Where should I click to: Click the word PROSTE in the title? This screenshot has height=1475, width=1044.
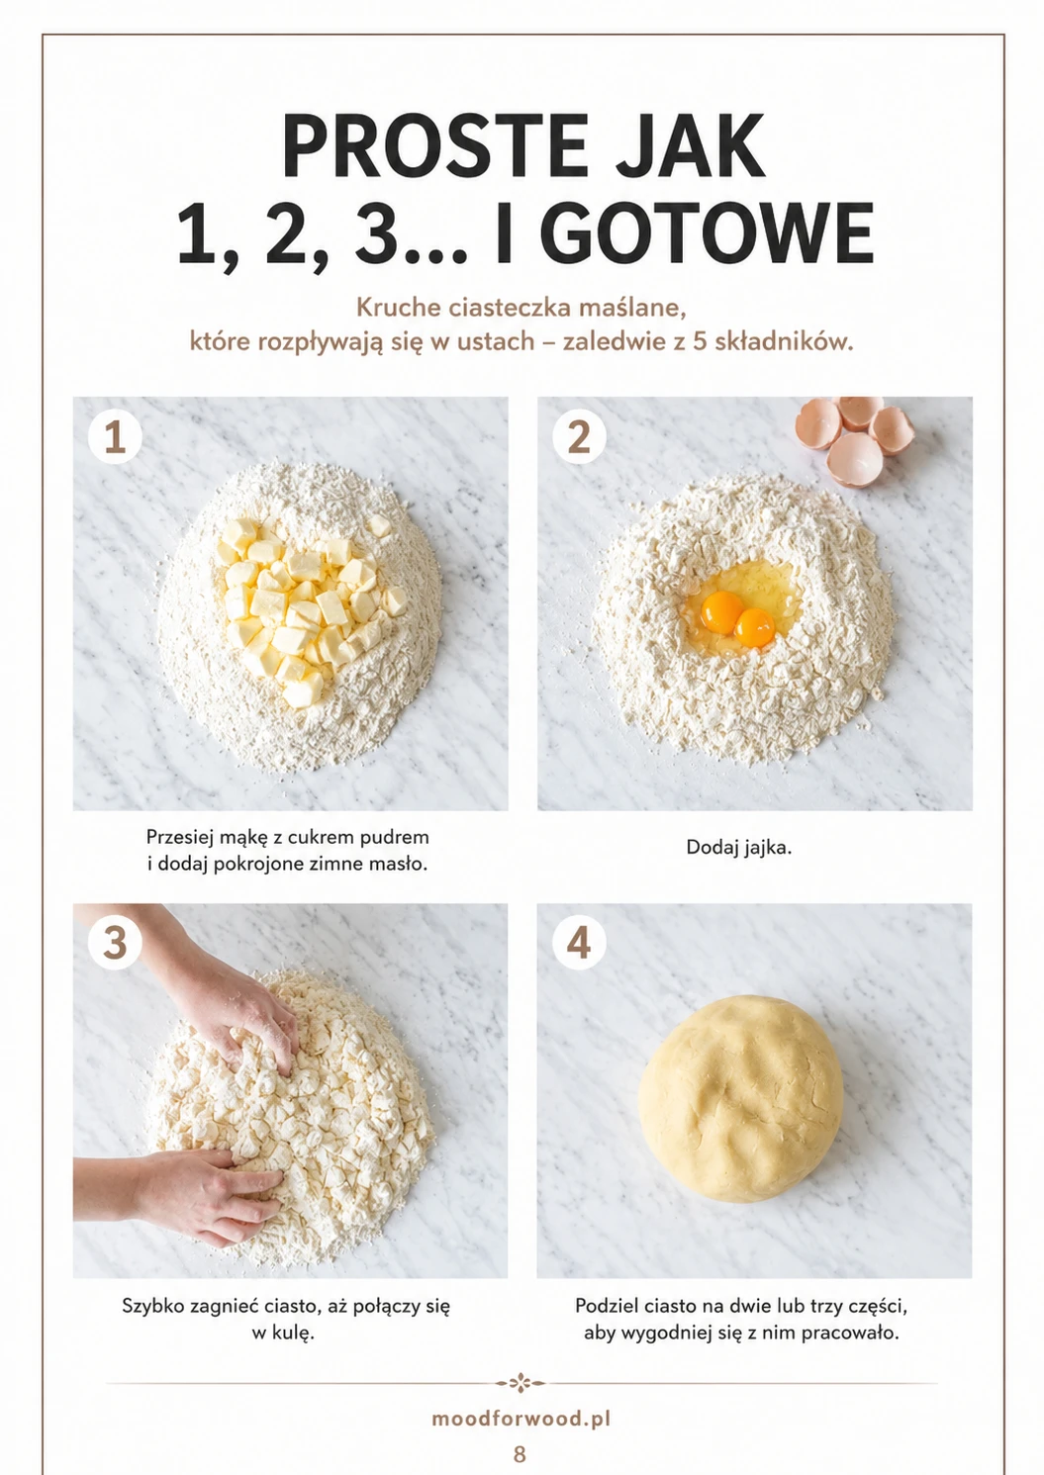tap(434, 146)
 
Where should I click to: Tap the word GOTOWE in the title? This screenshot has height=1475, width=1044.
tap(711, 233)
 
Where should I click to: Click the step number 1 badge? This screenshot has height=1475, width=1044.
tap(115, 437)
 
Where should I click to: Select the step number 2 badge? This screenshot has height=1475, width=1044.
tap(579, 437)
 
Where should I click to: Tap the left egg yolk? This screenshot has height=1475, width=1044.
tap(721, 611)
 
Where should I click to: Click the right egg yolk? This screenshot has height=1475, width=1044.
tap(755, 627)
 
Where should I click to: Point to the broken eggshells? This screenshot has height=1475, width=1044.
tap(855, 438)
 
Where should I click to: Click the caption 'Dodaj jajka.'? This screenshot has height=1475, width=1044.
tap(738, 848)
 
